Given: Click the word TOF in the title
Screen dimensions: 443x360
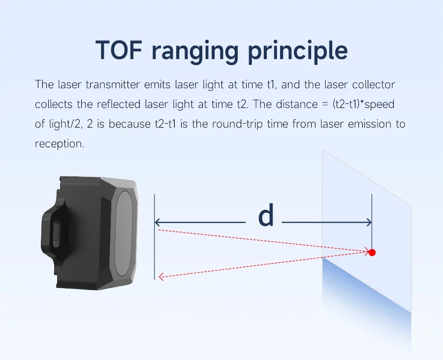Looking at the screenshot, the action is click(x=118, y=50).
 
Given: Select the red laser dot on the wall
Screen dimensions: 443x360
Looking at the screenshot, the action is click(x=372, y=252).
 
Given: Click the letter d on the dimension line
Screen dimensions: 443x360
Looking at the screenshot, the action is click(x=266, y=215).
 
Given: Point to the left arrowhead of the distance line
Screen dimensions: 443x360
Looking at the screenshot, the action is click(x=158, y=223).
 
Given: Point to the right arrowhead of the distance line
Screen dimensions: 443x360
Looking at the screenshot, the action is click(x=369, y=223).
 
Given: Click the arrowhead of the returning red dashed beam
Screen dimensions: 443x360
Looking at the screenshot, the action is click(x=161, y=277).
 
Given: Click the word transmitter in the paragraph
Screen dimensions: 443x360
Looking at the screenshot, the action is click(x=113, y=85).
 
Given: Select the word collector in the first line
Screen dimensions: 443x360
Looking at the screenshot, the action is click(x=374, y=85).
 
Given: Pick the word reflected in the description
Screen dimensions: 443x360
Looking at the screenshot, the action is click(x=119, y=104).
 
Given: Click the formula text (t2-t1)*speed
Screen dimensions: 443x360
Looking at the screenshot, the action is click(x=363, y=104).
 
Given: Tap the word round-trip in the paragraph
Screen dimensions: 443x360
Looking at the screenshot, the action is click(x=237, y=124).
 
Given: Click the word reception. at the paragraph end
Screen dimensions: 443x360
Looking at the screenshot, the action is click(x=60, y=144).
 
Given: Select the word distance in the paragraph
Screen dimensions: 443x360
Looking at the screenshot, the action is click(x=297, y=104).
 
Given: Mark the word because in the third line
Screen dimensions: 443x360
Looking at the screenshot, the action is click(x=129, y=124).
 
